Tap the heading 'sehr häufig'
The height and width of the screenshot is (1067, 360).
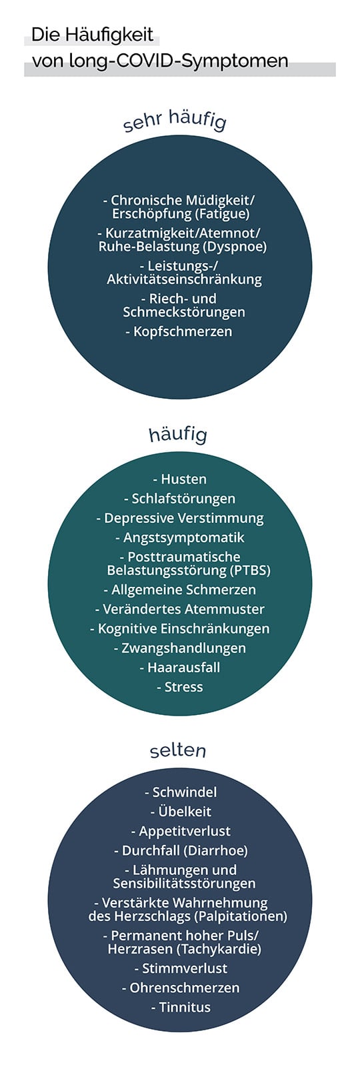(x=175, y=119)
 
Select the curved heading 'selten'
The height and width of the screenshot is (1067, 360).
(x=177, y=751)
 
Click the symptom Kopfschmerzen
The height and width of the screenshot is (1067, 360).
(x=183, y=331)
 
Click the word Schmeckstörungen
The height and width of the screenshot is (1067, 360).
(x=184, y=312)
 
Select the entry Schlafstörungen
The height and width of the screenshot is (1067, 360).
(x=183, y=499)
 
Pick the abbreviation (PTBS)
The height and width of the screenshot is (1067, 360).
(x=250, y=570)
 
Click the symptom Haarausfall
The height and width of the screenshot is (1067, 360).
(x=184, y=668)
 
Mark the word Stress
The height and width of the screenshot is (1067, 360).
(x=184, y=687)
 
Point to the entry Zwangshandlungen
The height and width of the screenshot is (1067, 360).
(x=184, y=648)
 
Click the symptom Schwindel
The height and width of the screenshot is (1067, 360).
(x=184, y=792)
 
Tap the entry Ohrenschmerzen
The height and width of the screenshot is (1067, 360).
(x=185, y=988)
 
